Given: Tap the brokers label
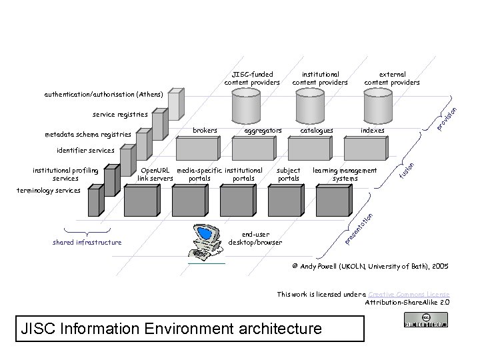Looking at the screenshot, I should tap(205, 131).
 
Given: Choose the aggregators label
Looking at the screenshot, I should tap(264, 131).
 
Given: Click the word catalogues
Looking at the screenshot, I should tap(317, 131).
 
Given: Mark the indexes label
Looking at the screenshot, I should tap(372, 131).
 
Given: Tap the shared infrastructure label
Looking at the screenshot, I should tap(87, 242).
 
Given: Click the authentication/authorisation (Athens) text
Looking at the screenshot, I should tap(103, 95).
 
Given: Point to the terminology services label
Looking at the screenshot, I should tap(49, 191).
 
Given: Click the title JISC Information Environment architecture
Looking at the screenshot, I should tap(171, 329).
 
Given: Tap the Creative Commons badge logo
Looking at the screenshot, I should tap(425, 323).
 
